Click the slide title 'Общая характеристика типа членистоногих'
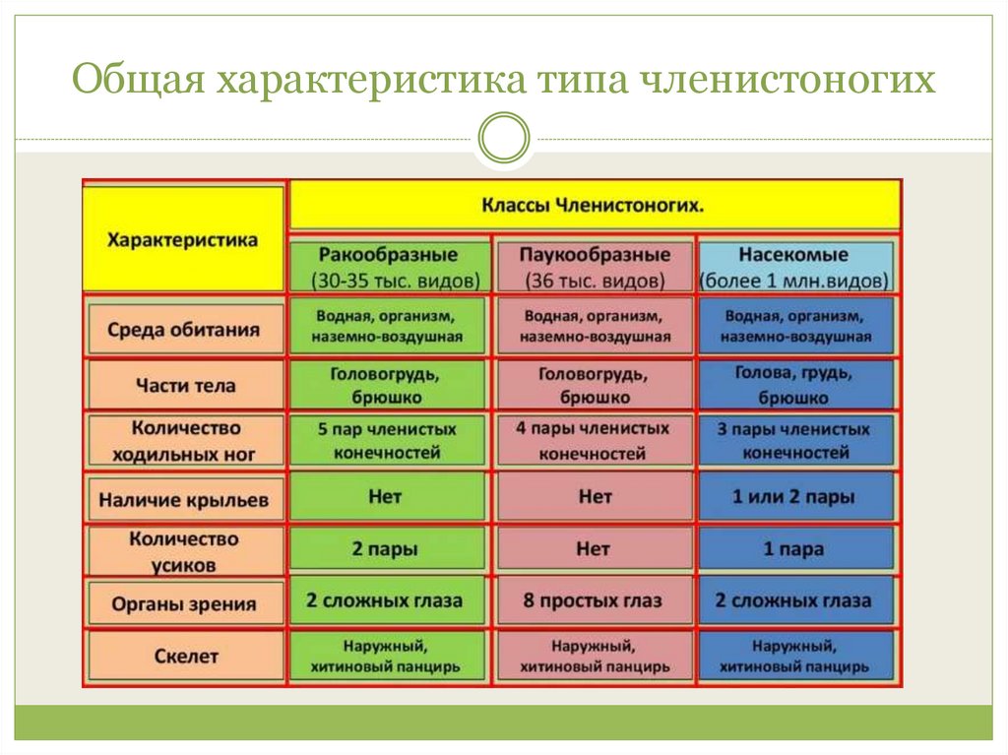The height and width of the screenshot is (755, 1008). pyautogui.click(x=503, y=80)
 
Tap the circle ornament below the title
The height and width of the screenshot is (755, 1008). pyautogui.click(x=502, y=137)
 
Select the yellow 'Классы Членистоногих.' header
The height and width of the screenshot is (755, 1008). pyautogui.click(x=595, y=206)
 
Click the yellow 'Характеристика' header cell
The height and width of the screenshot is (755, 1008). pyautogui.click(x=183, y=239)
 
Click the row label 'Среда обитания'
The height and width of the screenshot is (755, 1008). pyautogui.click(x=184, y=330)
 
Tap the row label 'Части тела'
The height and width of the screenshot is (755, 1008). pyautogui.click(x=184, y=385)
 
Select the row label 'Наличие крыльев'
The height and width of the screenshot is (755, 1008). pyautogui.click(x=184, y=499)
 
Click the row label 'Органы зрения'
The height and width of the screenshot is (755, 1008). pyautogui.click(x=184, y=603)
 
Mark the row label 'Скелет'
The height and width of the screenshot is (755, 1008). pyautogui.click(x=184, y=655)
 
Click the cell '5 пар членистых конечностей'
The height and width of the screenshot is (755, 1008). pyautogui.click(x=388, y=440)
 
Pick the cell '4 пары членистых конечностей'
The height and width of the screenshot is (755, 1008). pyautogui.click(x=594, y=440)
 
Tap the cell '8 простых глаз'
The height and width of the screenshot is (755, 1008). pyautogui.click(x=594, y=600)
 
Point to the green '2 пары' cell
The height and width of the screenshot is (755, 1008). pyautogui.click(x=388, y=549)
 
